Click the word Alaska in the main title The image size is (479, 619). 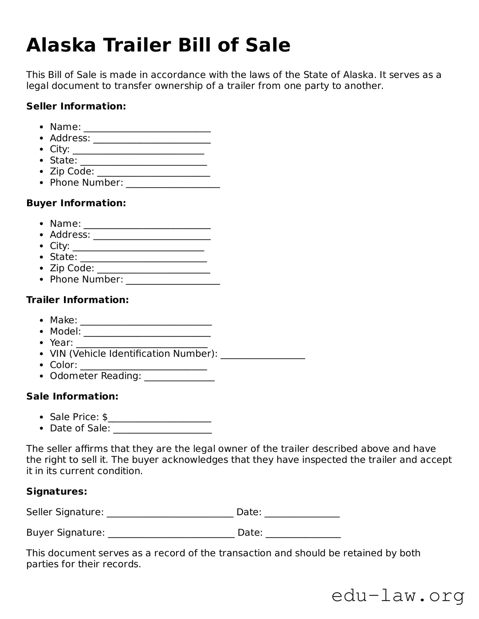(61, 45)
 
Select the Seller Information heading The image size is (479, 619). (76, 106)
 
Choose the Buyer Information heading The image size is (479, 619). (76, 203)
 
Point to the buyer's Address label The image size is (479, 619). (70, 234)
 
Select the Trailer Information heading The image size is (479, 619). (77, 300)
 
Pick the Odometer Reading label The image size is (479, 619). (95, 376)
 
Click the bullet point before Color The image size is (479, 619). (41, 365)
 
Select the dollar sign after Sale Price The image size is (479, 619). (105, 417)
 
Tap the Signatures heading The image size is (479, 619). (57, 491)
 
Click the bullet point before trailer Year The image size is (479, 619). (41, 343)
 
